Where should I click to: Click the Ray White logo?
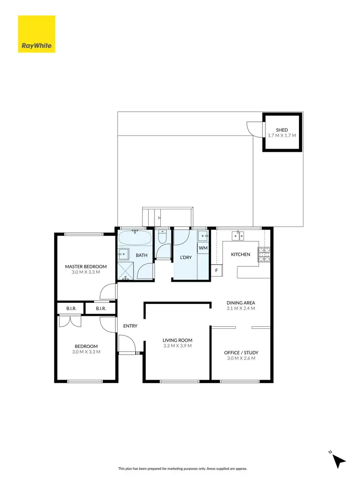(x=36, y=34)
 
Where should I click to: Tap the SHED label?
(x=282, y=130)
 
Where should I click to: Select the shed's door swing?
(x=252, y=127)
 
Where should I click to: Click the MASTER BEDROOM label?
(x=86, y=266)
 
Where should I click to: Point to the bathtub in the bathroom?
(x=135, y=238)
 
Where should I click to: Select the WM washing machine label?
(x=203, y=248)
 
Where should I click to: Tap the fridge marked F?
(x=216, y=271)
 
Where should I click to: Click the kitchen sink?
(x=238, y=235)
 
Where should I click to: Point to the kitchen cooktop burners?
(x=264, y=254)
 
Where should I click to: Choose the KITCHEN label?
(x=240, y=254)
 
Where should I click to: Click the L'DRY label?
(x=185, y=257)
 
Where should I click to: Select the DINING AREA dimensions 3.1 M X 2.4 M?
(x=240, y=308)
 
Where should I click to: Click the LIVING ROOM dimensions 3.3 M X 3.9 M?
(x=177, y=346)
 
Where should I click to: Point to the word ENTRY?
(x=130, y=326)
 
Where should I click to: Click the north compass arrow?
(x=339, y=460)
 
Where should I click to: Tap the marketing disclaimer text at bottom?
(x=180, y=468)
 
